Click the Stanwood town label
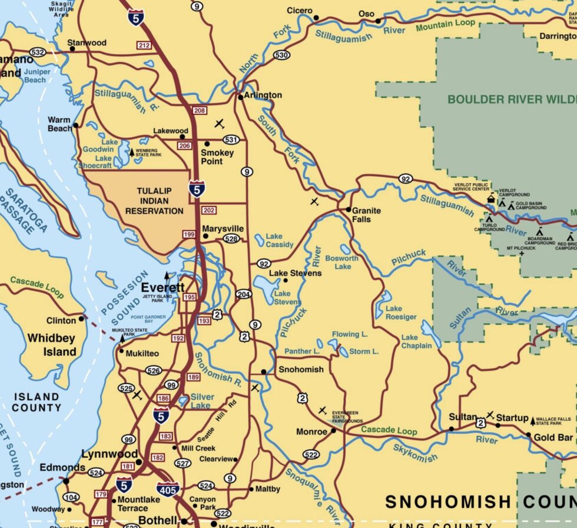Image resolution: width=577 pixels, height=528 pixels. (87, 43)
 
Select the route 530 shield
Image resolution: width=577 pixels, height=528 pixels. (281, 55)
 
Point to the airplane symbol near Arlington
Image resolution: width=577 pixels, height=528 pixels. (220, 124)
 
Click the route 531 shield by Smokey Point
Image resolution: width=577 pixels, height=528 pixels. (231, 140)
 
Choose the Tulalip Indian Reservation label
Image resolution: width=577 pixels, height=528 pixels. (154, 201)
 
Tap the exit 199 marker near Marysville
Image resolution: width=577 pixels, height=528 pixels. (189, 234)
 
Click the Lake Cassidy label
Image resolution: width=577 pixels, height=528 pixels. (279, 240)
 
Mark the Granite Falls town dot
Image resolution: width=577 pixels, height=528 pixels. (348, 210)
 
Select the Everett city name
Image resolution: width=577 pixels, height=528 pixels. (163, 287)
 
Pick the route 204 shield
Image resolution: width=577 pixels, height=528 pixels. (244, 294)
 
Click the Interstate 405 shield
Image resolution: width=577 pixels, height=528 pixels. (168, 487)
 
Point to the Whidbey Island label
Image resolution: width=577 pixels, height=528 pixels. (52, 345)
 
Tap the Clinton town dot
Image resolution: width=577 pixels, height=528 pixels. (81, 320)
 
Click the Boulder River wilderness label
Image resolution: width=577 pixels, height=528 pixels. (511, 99)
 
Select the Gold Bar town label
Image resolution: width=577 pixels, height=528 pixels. (553, 437)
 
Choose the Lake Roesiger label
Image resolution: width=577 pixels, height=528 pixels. (401, 313)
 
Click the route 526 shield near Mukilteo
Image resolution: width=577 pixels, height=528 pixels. (154, 370)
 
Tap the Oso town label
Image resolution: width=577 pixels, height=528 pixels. (366, 14)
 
